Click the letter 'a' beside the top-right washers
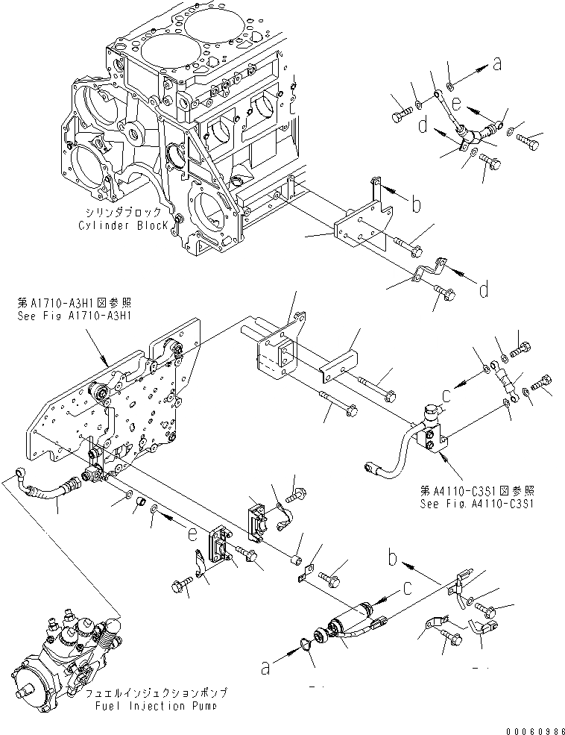click(x=496, y=66)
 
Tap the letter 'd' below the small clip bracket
click(x=484, y=288)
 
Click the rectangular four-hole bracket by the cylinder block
click(x=358, y=233)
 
